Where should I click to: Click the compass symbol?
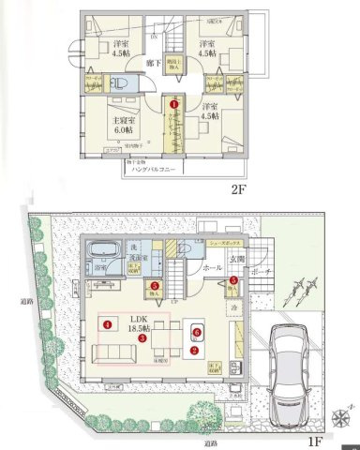pyautogui.click(x=344, y=413)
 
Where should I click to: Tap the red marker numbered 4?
pyautogui.click(x=109, y=325)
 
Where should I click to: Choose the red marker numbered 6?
pyautogui.click(x=197, y=330)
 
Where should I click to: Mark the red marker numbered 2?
pyautogui.click(x=194, y=351)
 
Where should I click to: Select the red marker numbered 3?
pyautogui.click(x=142, y=339)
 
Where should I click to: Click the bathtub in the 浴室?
pyautogui.click(x=99, y=254)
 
